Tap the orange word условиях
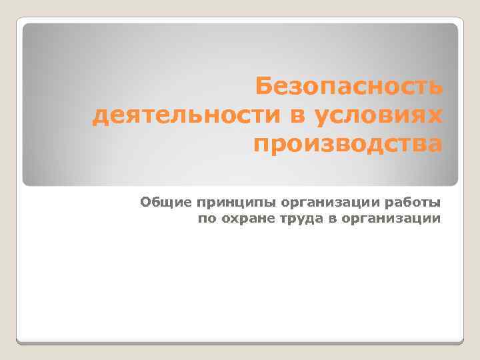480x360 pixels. [x=374, y=116]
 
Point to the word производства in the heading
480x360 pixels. [x=347, y=143]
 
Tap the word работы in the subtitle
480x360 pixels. [x=411, y=201]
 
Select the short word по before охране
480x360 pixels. [x=207, y=217]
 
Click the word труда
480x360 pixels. [x=289, y=218]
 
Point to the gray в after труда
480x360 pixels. [x=319, y=217]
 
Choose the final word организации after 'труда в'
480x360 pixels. [x=384, y=218]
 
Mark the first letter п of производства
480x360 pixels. [x=261, y=143]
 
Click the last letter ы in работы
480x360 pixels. [x=435, y=201]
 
